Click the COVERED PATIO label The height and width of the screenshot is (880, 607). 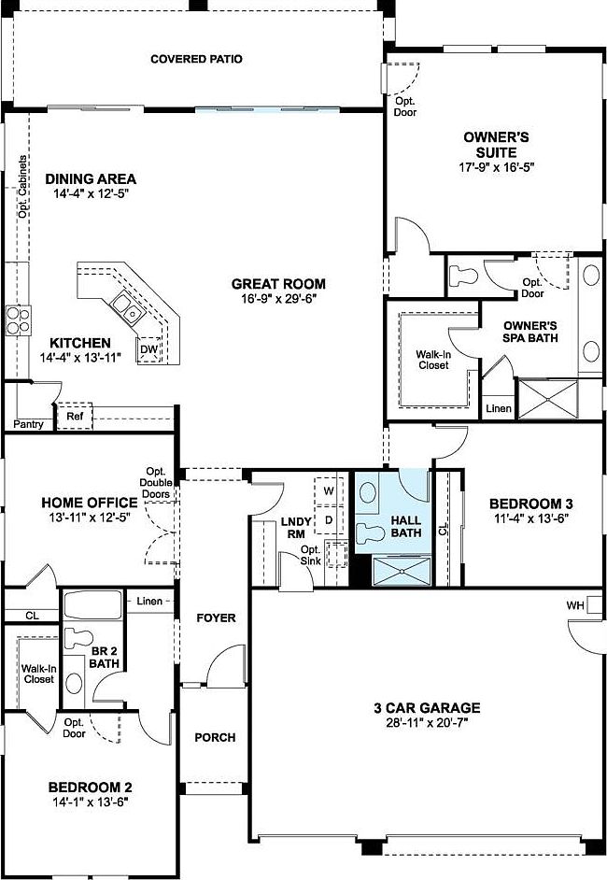pos(196,59)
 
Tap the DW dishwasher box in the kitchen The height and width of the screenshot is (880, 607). pos(148,350)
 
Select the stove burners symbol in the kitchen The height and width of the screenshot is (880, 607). pos(18,320)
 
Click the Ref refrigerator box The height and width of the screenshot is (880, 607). pos(75,416)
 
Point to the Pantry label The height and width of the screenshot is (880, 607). pos(28,424)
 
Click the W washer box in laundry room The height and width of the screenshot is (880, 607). pos(329,490)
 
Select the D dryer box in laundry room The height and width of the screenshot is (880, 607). pos(329,518)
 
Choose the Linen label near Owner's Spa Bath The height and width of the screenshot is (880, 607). pos(497,409)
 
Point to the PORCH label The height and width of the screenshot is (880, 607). pos(215,737)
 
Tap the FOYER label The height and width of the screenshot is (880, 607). pos(215,617)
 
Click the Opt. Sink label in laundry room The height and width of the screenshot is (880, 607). pos(311,554)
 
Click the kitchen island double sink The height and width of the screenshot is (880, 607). pos(125,306)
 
